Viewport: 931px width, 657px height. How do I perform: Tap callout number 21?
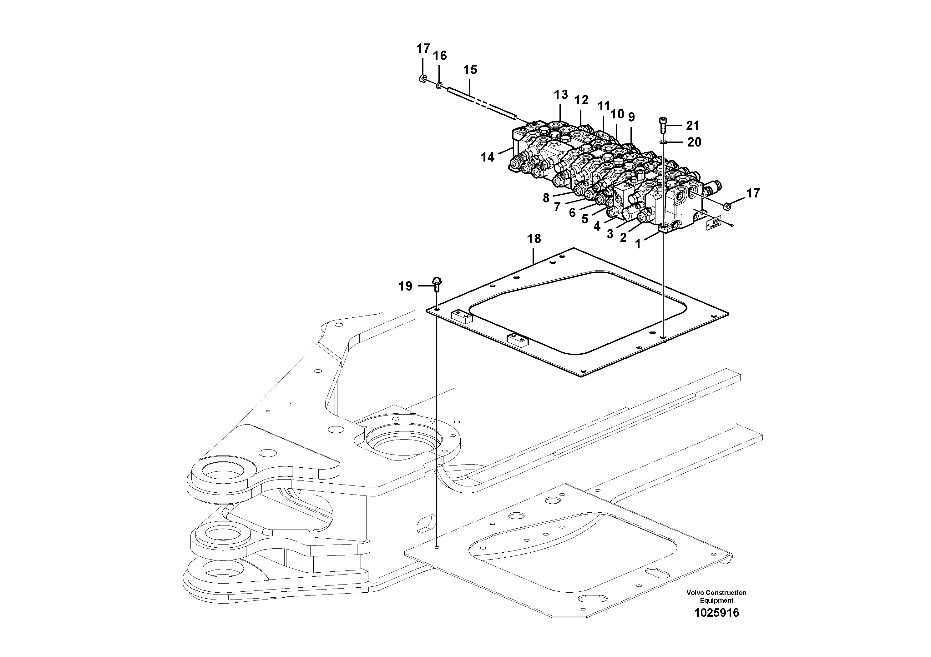(693, 126)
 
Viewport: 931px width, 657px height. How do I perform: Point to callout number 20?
(694, 142)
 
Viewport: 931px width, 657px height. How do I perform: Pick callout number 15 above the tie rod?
(470, 70)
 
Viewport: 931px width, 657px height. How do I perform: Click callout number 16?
(440, 56)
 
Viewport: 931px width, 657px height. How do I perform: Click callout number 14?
(488, 157)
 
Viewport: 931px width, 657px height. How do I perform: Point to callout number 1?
(638, 244)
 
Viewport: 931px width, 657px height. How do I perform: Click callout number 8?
(546, 198)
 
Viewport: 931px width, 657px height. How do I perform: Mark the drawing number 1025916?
(716, 613)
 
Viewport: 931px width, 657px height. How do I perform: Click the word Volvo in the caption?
(695, 593)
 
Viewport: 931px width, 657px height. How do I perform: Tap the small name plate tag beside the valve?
(713, 222)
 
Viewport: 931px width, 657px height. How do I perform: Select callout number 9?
(631, 117)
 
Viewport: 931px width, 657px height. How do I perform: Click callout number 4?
(597, 226)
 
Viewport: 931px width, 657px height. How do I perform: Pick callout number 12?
(581, 100)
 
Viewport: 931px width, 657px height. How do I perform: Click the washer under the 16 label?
(439, 86)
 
